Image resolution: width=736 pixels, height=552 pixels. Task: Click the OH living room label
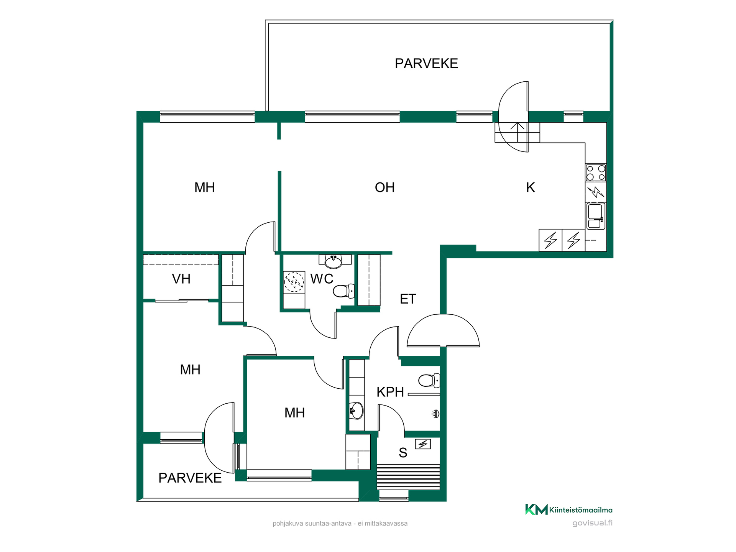pos(384,187)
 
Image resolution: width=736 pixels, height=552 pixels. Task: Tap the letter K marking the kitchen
pos(531,187)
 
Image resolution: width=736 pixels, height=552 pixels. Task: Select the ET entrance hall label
pos(408,299)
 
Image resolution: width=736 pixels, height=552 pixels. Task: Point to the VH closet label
pos(181,279)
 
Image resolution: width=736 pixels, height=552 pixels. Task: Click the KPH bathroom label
pos(390,392)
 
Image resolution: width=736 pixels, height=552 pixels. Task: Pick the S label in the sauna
pos(402,453)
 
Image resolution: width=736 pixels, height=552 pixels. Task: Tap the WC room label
pos(322,279)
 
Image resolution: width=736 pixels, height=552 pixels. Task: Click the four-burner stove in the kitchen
pos(596,172)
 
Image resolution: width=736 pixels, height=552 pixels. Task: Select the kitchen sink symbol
pos(596,216)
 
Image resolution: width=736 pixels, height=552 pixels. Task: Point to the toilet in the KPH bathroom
pos(429,380)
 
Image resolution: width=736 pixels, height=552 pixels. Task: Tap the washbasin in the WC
pos(333,261)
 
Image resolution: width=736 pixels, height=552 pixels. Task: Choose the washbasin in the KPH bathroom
pos(356,411)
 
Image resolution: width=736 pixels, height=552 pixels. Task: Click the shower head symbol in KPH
pos(435,414)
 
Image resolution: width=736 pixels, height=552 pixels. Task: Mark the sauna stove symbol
pos(423,444)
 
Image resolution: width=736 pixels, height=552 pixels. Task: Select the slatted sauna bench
pos(409,477)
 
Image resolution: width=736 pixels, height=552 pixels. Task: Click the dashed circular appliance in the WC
pos(294,282)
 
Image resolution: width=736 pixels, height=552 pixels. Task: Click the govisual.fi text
pos(592,523)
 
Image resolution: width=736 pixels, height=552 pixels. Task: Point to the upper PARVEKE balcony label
pos(426,63)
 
